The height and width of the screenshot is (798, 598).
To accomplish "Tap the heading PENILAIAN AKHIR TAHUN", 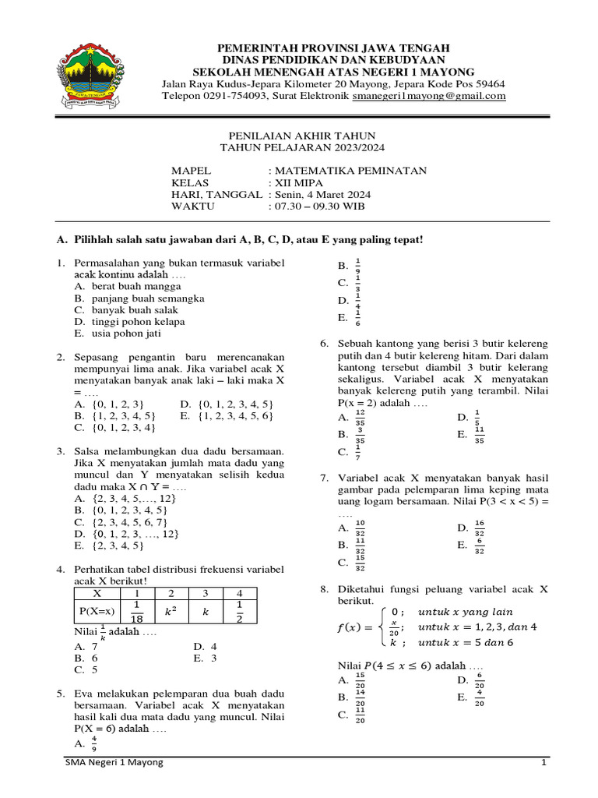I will [301, 134].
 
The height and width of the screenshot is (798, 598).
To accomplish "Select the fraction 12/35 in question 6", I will [359, 417].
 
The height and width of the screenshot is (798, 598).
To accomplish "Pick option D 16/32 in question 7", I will [479, 528].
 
